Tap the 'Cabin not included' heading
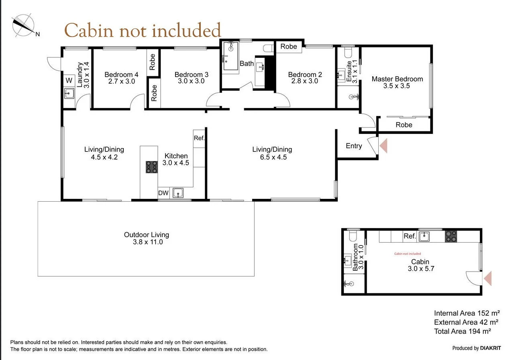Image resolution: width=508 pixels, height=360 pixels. (x=143, y=31)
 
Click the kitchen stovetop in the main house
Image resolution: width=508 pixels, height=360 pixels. (x=151, y=167)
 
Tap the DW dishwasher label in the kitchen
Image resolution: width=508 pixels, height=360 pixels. (x=163, y=193)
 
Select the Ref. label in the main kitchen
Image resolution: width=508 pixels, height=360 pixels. (x=199, y=138)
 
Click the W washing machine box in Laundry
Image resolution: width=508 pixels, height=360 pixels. (x=69, y=80)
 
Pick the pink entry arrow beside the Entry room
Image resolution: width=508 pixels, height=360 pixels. (x=384, y=145)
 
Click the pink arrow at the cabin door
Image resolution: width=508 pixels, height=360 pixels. (x=488, y=278)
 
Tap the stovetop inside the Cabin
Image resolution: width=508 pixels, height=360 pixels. (x=451, y=236)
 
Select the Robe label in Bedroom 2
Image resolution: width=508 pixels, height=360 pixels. (x=289, y=47)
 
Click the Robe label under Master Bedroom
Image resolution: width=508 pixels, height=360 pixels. (x=404, y=125)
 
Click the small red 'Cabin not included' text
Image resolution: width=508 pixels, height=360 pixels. (x=407, y=254)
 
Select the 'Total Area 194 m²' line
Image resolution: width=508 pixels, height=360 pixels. (x=463, y=331)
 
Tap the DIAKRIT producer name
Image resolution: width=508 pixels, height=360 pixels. (x=490, y=348)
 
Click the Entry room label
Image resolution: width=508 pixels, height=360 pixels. (x=354, y=146)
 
